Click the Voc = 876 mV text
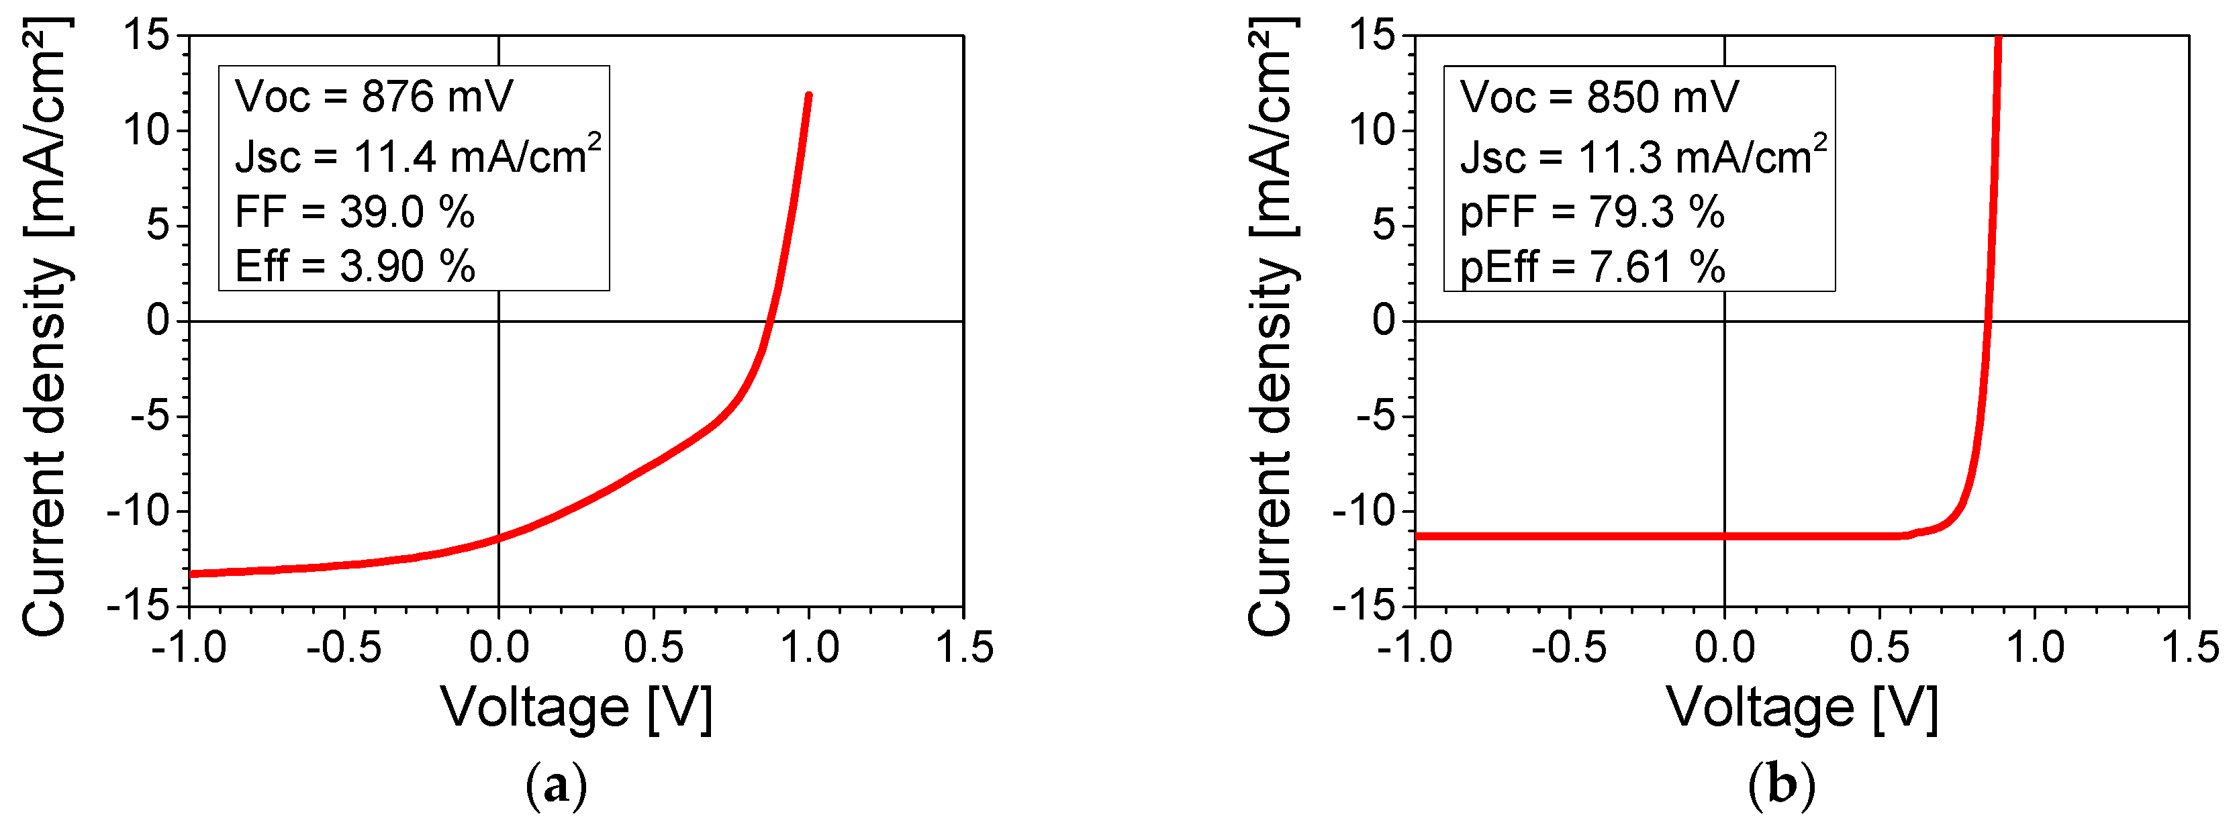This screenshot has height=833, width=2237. click(x=373, y=97)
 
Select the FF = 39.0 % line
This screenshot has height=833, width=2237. click(x=354, y=212)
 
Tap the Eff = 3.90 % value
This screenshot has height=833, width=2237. click(x=355, y=266)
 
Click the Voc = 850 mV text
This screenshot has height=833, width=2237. click(x=1599, y=97)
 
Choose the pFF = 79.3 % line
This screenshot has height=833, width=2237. click(x=1592, y=212)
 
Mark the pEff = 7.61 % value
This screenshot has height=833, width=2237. click(x=1592, y=266)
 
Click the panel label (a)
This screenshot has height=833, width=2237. click(x=557, y=786)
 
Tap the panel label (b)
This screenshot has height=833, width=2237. click(x=1782, y=786)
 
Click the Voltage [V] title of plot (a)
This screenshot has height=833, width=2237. click(x=577, y=708)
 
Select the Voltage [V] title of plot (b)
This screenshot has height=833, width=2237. click(x=1802, y=708)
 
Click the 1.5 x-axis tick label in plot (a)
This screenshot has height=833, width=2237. click(x=964, y=648)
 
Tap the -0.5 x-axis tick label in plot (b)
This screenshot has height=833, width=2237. click(x=1569, y=648)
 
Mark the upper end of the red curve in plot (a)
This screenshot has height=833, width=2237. click(x=808, y=95)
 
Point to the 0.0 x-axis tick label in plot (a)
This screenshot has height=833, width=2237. click(x=498, y=648)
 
